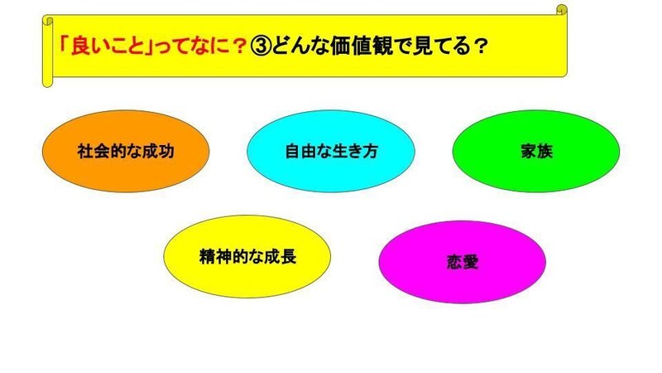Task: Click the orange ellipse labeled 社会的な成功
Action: click(x=126, y=151)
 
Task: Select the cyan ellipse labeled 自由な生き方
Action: click(x=331, y=151)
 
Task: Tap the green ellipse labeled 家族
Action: click(x=536, y=151)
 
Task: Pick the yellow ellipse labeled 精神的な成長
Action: click(x=247, y=257)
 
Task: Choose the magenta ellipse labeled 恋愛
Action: click(x=463, y=262)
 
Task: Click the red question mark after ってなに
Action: click(x=239, y=46)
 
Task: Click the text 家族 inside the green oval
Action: click(x=536, y=152)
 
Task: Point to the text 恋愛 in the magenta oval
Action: click(x=463, y=262)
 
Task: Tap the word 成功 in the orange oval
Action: click(x=158, y=152)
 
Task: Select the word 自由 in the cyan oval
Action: click(x=300, y=152)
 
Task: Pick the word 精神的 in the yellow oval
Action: click(x=223, y=257)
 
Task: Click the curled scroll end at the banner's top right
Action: click(x=562, y=10)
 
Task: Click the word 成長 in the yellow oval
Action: click(x=280, y=257)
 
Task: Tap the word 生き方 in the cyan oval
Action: click(x=355, y=152)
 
